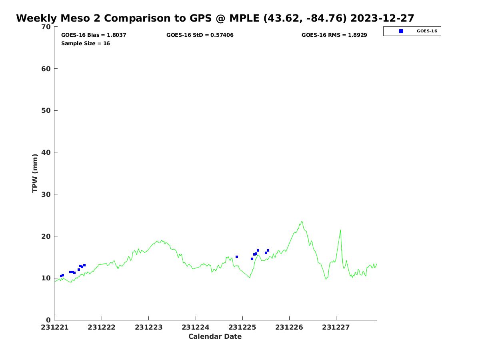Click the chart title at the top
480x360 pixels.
coord(215,18)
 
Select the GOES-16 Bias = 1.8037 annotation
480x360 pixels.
coord(94,35)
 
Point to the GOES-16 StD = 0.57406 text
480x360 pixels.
coord(200,35)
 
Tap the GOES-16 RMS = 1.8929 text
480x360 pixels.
coord(334,35)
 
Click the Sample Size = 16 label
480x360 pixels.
coord(86,44)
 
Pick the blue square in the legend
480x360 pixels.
coord(401,31)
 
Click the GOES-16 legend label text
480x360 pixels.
coord(427,31)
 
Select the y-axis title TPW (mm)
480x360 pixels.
coord(35,173)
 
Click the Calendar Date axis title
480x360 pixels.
coord(215,337)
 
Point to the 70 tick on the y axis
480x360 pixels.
coord(47,27)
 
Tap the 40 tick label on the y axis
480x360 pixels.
coord(47,152)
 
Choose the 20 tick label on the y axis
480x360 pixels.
coord(47,236)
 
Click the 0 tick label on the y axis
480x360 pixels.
coord(49,320)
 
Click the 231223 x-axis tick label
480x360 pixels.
coord(149,327)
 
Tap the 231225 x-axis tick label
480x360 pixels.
coord(242,327)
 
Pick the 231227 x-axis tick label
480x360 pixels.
coord(336,327)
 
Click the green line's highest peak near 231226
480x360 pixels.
coord(302,222)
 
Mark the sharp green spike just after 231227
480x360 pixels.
coord(340,230)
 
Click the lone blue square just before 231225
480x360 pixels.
coord(237,257)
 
